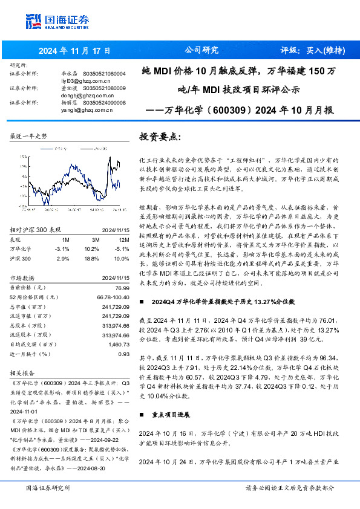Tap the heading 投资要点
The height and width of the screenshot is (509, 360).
pyautogui.click(x=159, y=137)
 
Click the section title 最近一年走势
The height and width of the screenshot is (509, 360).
pyautogui.click(x=28, y=137)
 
